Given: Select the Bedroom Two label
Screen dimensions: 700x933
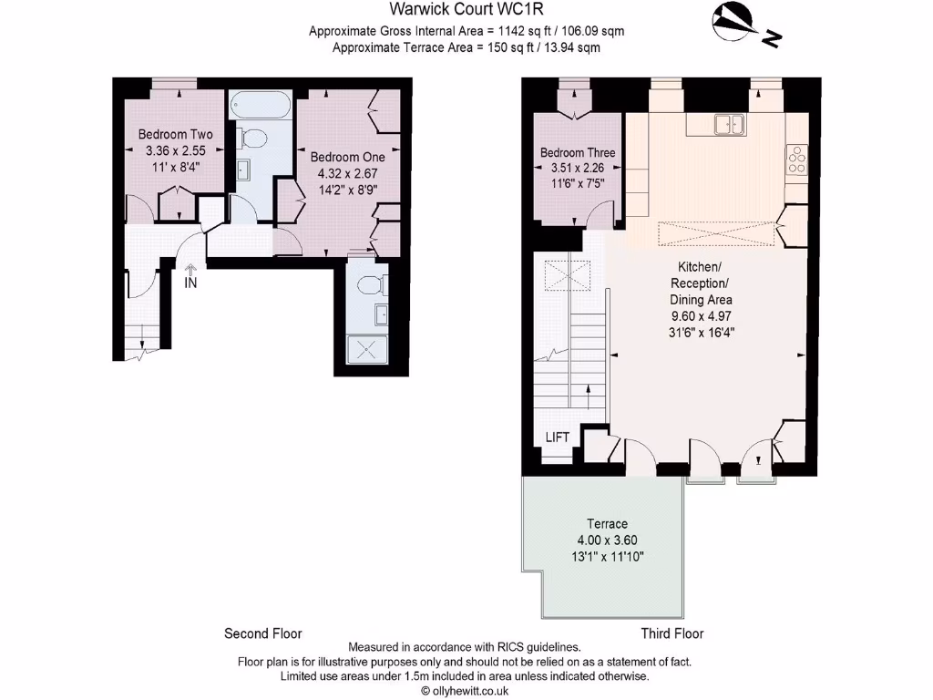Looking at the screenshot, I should coord(175,135).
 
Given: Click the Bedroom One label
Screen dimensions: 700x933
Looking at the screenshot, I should coord(347,158).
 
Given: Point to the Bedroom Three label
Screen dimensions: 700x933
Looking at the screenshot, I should coord(578,152).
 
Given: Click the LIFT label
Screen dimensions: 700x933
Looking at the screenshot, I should coord(558,437).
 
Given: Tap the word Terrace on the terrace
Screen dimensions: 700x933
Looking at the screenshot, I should coord(607,524).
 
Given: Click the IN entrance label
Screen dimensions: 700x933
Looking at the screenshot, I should coord(190,283).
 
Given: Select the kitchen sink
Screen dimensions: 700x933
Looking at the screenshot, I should coord(729,125).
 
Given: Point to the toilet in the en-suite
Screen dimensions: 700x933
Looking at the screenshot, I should coord(370,285).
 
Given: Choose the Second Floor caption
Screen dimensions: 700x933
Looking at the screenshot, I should coord(262,633).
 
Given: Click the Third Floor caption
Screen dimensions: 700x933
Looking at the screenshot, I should coord(672,633).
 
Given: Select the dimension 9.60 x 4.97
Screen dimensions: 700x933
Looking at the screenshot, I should coord(701,316).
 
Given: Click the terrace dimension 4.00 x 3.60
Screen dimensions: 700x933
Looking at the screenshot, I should coord(607,540).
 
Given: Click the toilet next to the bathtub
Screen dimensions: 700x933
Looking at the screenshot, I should coord(253,139).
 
